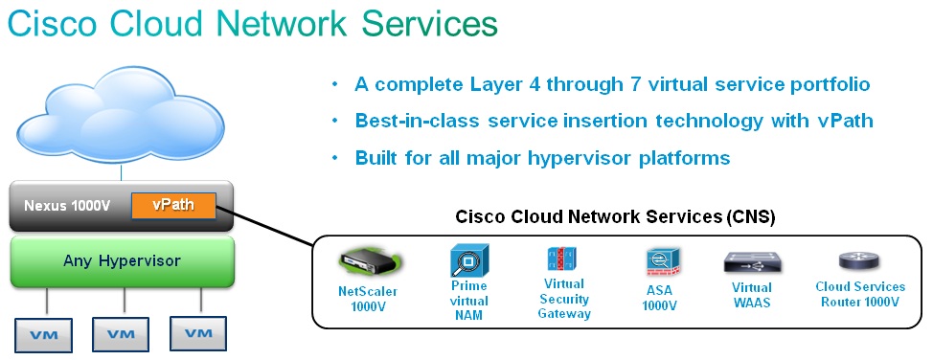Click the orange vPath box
tap(172, 206)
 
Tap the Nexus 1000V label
tap(67, 207)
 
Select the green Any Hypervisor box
tap(122, 261)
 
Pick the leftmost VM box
tap(44, 335)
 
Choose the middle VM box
tap(121, 334)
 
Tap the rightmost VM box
tap(198, 333)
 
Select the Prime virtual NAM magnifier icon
tap(468, 260)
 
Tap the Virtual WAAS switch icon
tap(752, 262)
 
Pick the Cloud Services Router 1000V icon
tap(859, 261)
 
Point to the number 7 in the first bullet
tap(633, 84)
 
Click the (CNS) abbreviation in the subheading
tap(750, 217)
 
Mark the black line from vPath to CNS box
tap(264, 226)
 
